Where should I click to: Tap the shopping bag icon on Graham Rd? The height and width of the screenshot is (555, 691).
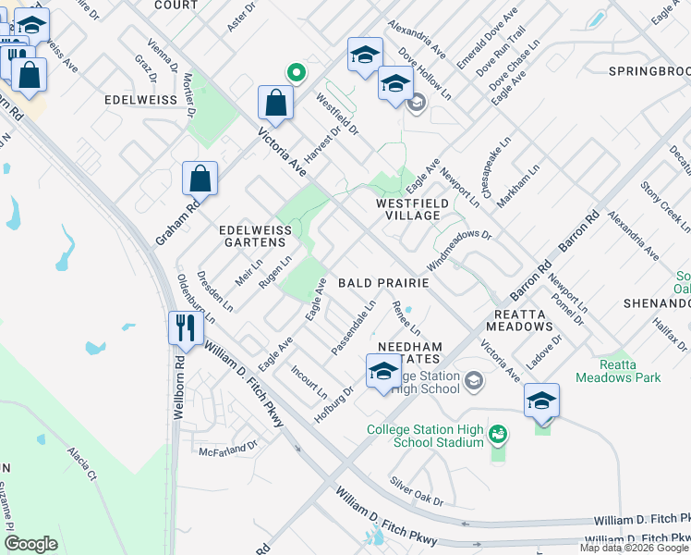click(200, 179)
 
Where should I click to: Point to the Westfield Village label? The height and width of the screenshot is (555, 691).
click(413, 208)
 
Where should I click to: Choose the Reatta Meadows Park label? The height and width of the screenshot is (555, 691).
click(617, 371)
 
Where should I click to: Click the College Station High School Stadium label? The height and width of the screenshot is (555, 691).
click(424, 436)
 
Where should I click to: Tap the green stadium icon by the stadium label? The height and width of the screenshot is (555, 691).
click(498, 433)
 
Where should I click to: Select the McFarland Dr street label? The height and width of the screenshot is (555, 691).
click(228, 449)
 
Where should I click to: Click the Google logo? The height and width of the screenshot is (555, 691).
click(30, 544)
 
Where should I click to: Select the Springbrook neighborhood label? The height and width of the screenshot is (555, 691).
click(649, 70)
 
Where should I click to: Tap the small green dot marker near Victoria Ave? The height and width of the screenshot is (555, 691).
click(297, 71)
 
